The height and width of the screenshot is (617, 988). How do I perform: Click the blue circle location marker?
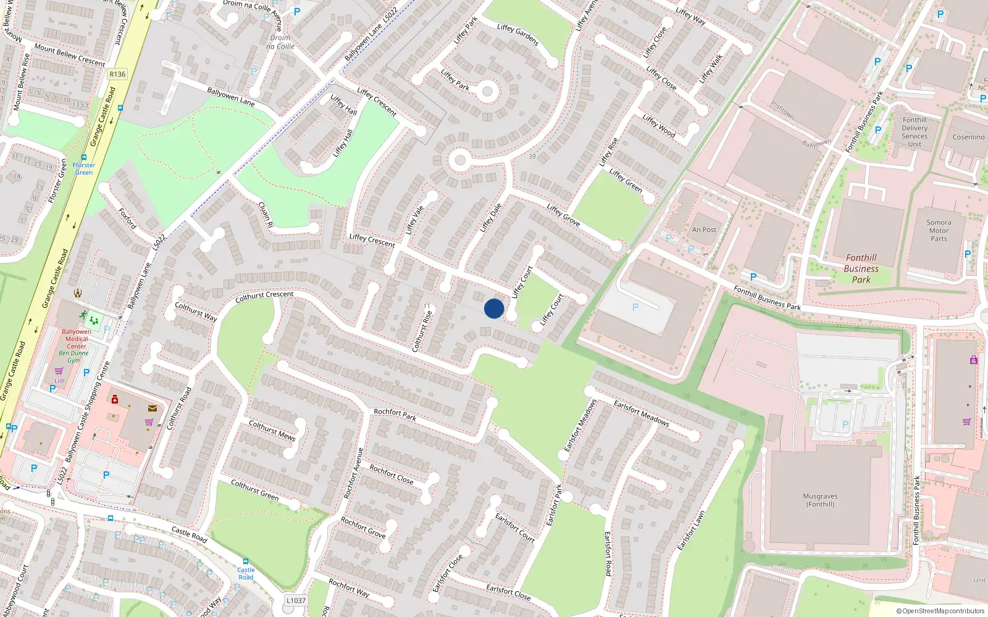click(494, 308)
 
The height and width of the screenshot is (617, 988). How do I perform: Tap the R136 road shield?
click(117, 74)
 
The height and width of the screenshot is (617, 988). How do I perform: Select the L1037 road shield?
click(296, 600)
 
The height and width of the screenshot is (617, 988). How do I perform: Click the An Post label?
click(704, 230)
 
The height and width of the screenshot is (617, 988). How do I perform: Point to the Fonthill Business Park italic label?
click(861, 269)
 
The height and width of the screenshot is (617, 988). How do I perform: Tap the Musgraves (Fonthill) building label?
click(820, 500)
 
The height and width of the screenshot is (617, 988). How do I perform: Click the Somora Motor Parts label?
click(939, 231)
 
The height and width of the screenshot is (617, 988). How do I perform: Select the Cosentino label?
click(968, 137)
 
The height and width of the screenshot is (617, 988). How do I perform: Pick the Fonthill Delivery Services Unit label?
click(915, 132)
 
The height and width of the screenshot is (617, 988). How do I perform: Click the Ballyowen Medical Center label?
click(77, 339)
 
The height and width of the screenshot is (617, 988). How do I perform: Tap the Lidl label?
click(59, 381)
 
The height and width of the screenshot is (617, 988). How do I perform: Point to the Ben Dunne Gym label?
click(73, 357)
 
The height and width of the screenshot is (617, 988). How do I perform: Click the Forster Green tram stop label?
click(84, 168)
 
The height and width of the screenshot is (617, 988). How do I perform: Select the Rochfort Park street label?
click(395, 414)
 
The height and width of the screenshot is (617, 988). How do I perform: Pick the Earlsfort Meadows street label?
click(642, 413)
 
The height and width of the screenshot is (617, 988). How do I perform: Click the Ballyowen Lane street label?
click(231, 97)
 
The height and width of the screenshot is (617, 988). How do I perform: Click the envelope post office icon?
click(153, 408)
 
